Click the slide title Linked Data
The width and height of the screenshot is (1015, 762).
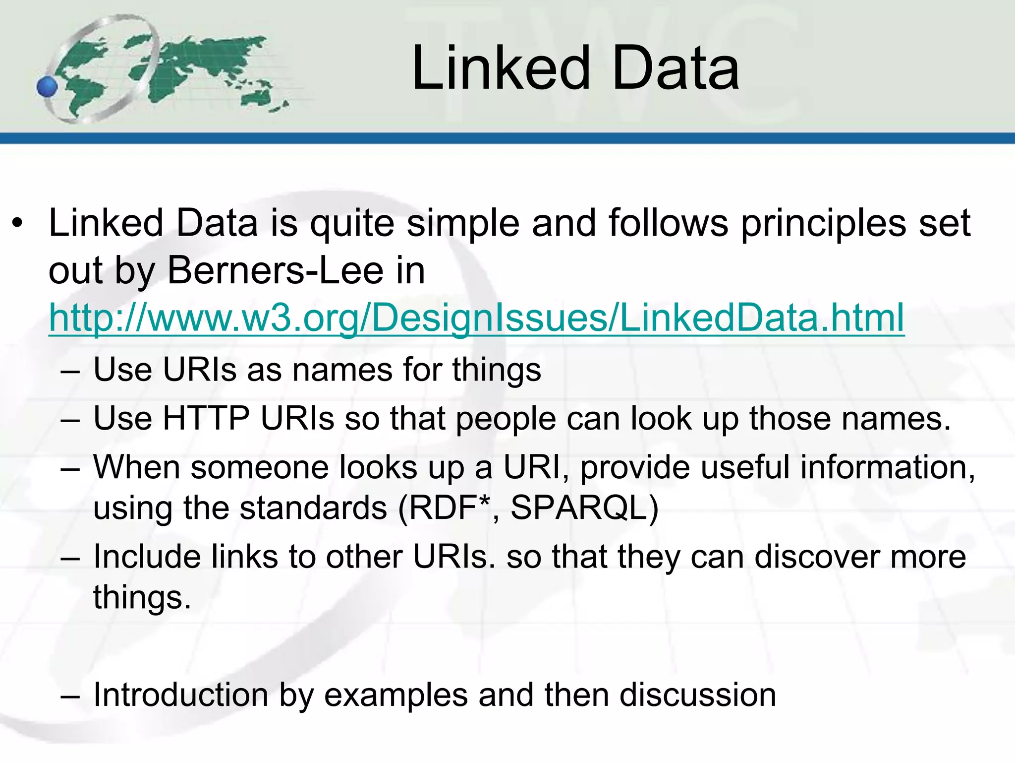(x=575, y=68)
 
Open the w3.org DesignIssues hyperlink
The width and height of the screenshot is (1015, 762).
(x=476, y=318)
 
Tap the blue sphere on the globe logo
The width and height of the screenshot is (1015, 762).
(x=48, y=87)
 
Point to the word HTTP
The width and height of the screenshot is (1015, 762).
(x=206, y=418)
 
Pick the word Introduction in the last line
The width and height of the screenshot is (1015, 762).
(x=180, y=695)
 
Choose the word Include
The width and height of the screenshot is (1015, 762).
(x=147, y=557)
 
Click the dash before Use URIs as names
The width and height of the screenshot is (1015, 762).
(x=70, y=371)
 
